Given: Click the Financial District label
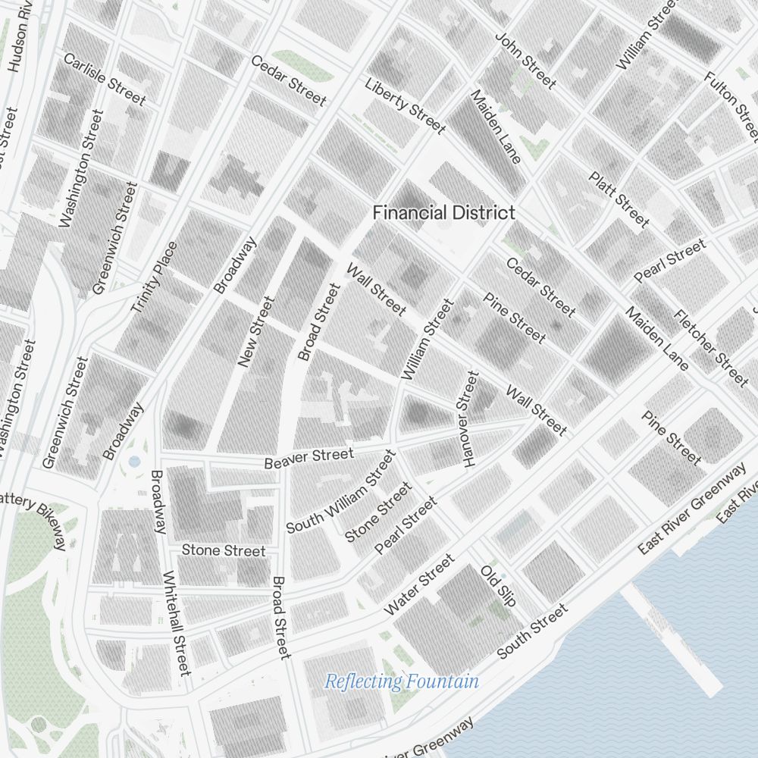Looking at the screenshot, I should coord(443,213).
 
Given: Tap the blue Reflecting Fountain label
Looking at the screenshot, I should coord(402,681).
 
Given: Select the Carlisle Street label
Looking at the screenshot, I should coord(105,79).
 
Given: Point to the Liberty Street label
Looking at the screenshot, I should coord(405,106).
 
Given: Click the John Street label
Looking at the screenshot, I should coord(525,60).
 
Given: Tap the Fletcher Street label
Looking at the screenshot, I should coord(710,347).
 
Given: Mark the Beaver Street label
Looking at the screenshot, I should coord(309,458).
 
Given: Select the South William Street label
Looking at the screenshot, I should coord(341,491).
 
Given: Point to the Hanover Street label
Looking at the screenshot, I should coord(469,418).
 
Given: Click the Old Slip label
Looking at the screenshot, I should coord(498,585).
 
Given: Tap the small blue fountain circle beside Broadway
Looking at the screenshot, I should coord(134,461).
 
